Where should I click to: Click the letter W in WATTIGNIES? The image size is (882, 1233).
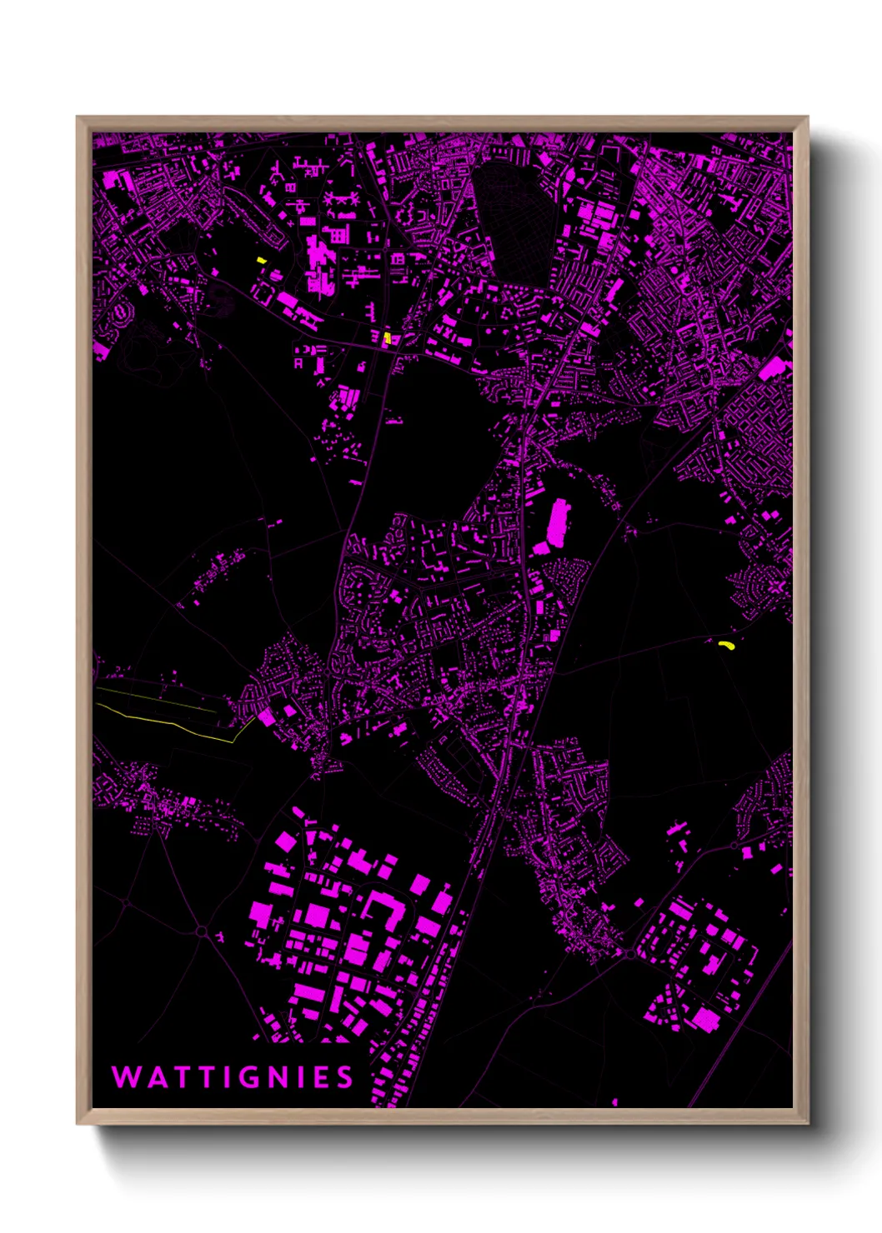pos(126,1077)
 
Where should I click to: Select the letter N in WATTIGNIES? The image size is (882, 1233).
pos(281,1077)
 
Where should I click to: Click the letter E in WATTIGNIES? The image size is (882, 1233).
pos(321,1077)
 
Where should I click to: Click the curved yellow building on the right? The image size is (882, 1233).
pos(726,644)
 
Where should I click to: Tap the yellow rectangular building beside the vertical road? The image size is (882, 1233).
pos(387,338)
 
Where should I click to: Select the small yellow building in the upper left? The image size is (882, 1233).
pos(261,261)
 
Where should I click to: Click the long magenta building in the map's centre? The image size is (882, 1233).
pos(558,522)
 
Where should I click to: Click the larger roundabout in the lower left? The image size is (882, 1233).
pos(201,931)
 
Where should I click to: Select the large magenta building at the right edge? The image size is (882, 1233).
pos(774,368)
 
